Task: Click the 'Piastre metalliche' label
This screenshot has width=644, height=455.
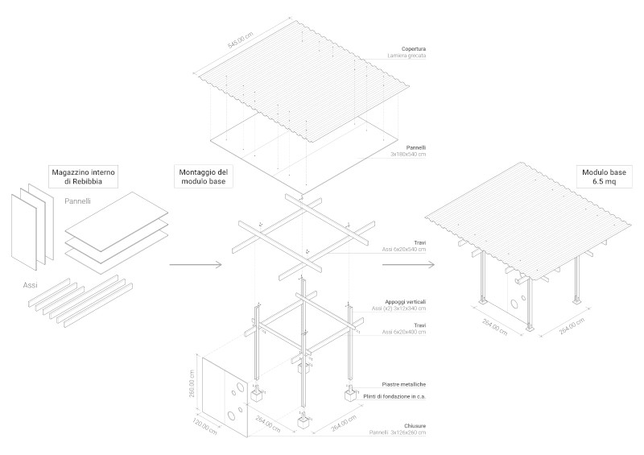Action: click(404, 385)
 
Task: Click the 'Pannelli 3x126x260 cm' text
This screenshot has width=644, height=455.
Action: click(397, 433)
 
